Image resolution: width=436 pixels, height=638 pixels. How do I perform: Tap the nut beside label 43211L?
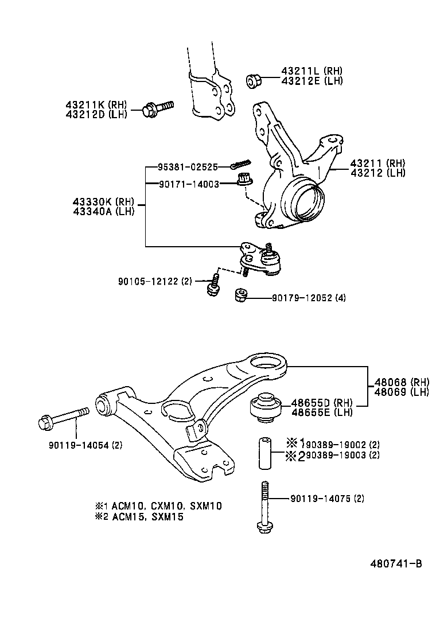253,81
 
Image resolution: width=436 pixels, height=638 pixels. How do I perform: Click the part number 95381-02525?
188,167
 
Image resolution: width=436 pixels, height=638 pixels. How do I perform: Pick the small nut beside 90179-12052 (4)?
242,296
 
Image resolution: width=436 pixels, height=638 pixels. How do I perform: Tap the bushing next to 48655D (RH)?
266,409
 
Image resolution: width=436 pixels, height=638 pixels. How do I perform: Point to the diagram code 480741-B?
396,563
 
